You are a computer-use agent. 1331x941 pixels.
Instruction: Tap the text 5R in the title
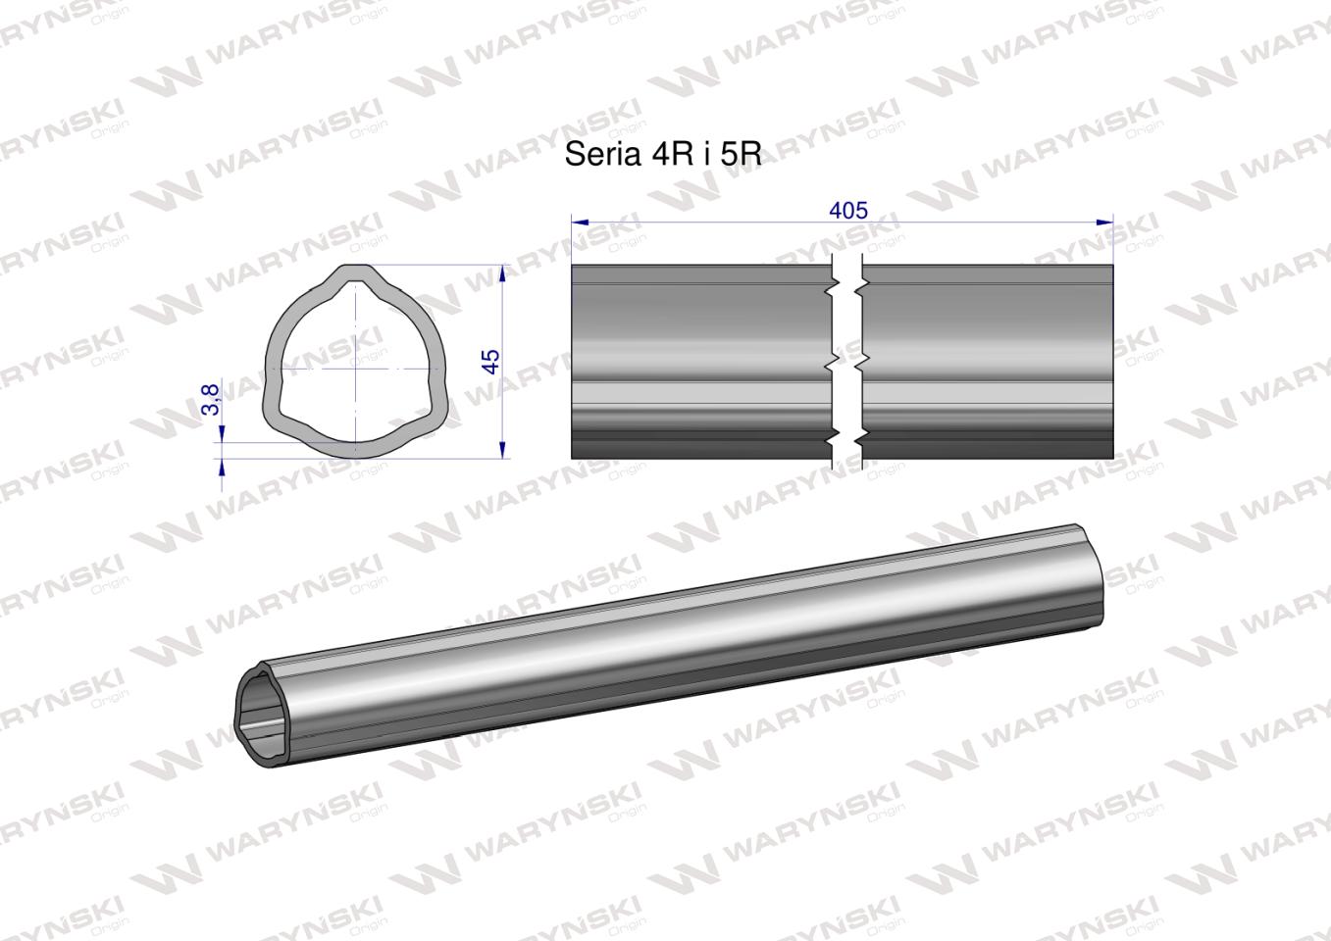pos(741,155)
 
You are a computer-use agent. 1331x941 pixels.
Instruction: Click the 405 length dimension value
pos(848,211)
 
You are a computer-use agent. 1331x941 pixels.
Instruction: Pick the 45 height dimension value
pos(491,360)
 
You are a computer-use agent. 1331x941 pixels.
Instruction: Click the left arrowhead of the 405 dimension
pos(579,223)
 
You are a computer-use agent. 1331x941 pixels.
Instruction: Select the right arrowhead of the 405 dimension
pos(1106,223)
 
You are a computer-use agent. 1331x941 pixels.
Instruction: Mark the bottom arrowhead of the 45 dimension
pos(502,450)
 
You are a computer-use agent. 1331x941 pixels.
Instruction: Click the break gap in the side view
pos(845,361)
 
